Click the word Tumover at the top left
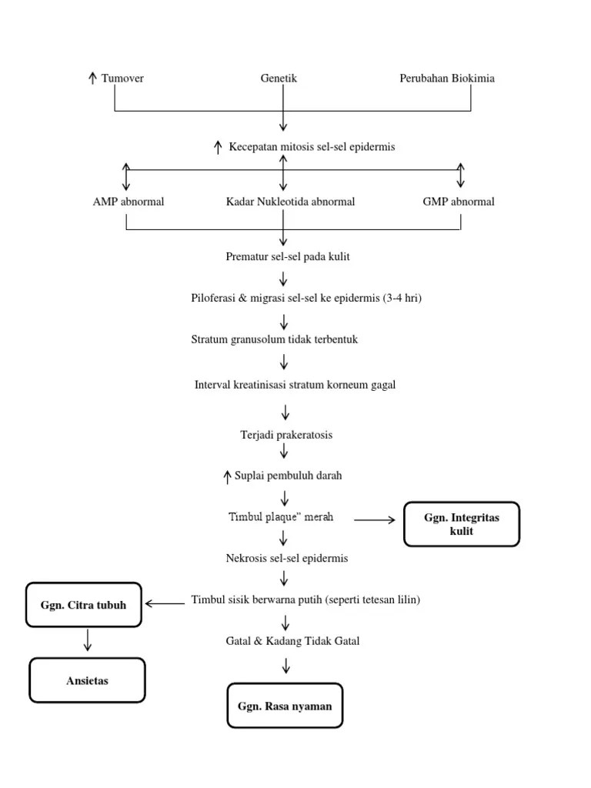122,78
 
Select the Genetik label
279,78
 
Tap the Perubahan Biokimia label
447,78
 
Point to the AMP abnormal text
128,202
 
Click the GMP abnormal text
459,202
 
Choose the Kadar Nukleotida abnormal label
290,202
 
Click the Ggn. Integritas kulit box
462,524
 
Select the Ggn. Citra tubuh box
84,604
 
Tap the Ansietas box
87,680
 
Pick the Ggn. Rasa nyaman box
285,706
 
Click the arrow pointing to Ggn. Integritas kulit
374,520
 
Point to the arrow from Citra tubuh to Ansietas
88,639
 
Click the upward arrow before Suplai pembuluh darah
227,476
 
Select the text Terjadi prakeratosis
286,435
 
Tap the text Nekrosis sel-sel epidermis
285,558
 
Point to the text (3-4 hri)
402,298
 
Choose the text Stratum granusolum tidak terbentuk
285,339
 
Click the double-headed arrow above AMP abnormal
126,176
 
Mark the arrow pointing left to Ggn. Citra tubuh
165,604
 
